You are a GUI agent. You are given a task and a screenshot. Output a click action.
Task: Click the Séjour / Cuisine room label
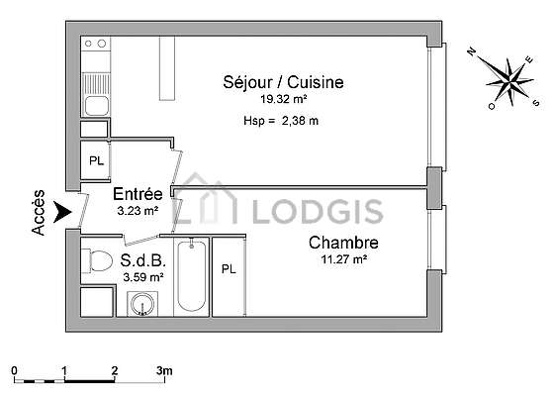[x=283, y=82]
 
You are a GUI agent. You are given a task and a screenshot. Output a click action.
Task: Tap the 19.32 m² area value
[x=283, y=99]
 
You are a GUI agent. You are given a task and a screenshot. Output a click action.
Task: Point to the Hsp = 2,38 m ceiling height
[x=281, y=121]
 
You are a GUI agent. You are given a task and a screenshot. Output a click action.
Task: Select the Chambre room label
[x=343, y=243]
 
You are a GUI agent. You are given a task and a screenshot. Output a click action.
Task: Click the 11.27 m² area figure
[x=344, y=259]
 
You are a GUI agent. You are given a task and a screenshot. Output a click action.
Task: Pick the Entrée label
[x=138, y=194]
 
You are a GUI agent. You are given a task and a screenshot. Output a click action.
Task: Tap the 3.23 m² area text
[x=138, y=211]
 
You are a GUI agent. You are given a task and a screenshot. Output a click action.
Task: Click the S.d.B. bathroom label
[x=143, y=260]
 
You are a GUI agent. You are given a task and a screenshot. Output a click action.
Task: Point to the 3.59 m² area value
[x=143, y=277]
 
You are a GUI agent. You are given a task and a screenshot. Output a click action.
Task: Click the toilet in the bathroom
[x=97, y=261]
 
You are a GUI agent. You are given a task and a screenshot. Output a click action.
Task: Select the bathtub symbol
[x=192, y=276]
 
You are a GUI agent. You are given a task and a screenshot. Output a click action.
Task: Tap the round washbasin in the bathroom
[x=142, y=304]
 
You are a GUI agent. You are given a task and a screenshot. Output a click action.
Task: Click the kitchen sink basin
[x=97, y=105]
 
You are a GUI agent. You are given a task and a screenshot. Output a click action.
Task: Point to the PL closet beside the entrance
[x=97, y=160]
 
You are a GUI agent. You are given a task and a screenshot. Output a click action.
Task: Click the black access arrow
[x=62, y=212]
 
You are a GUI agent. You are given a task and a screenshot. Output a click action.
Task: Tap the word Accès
[x=39, y=212]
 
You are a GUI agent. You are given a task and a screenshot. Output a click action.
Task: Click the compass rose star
[x=509, y=81]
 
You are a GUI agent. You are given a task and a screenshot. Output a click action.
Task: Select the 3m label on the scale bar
[x=164, y=370]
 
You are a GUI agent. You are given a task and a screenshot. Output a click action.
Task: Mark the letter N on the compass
[x=471, y=52]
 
